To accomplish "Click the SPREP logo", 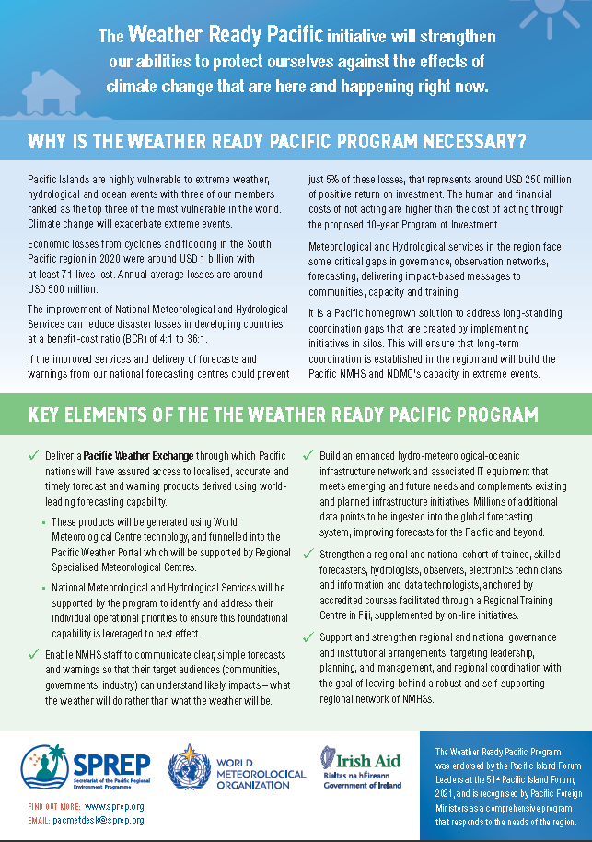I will [84, 766].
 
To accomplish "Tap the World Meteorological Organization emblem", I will [188, 766].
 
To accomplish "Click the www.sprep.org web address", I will [114, 806].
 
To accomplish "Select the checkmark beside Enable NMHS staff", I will [34, 655].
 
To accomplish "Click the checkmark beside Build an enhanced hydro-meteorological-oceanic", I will [308, 455].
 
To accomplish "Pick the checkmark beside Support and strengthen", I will [308, 637].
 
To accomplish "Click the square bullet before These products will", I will [44, 522].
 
